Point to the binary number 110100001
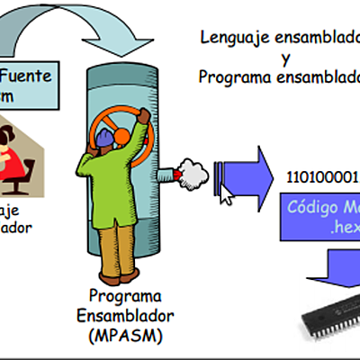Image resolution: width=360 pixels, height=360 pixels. coord(322,176)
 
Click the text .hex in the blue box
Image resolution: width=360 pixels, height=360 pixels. coord(344,228)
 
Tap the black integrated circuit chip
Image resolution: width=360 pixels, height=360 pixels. coord(328,315)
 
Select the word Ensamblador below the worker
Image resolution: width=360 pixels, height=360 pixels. coord(126,316)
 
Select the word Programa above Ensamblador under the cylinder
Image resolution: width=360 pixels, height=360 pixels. coord(125,296)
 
